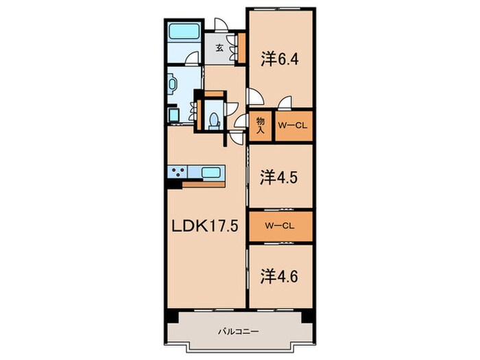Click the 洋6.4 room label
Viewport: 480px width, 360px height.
point(280,60)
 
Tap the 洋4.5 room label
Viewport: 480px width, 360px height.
point(279,178)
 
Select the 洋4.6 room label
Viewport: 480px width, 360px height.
point(279,277)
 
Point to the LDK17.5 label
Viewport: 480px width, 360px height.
point(204,226)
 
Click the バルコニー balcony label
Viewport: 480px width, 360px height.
point(239,331)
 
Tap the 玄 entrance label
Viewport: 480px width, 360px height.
point(219,48)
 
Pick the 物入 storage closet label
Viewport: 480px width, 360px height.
point(260,125)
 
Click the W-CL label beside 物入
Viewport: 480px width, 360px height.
point(292,125)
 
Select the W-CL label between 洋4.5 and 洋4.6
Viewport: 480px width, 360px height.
point(280,226)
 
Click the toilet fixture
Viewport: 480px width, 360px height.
point(214,121)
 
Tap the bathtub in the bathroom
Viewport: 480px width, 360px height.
point(183,32)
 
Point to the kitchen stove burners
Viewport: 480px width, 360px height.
point(178,171)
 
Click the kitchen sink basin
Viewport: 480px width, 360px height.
point(211,172)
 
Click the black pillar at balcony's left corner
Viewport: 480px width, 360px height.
point(171,316)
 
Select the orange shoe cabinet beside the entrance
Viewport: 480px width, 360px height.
point(241,48)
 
